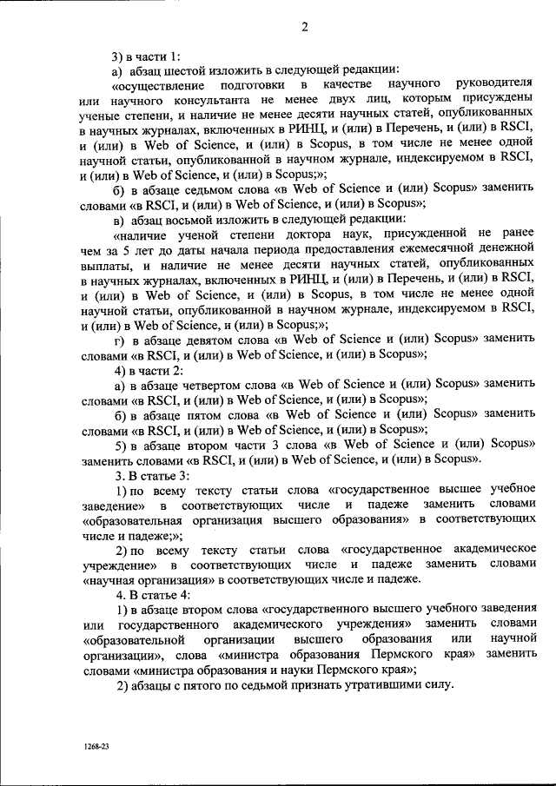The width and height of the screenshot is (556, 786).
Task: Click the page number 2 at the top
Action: tap(305, 25)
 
